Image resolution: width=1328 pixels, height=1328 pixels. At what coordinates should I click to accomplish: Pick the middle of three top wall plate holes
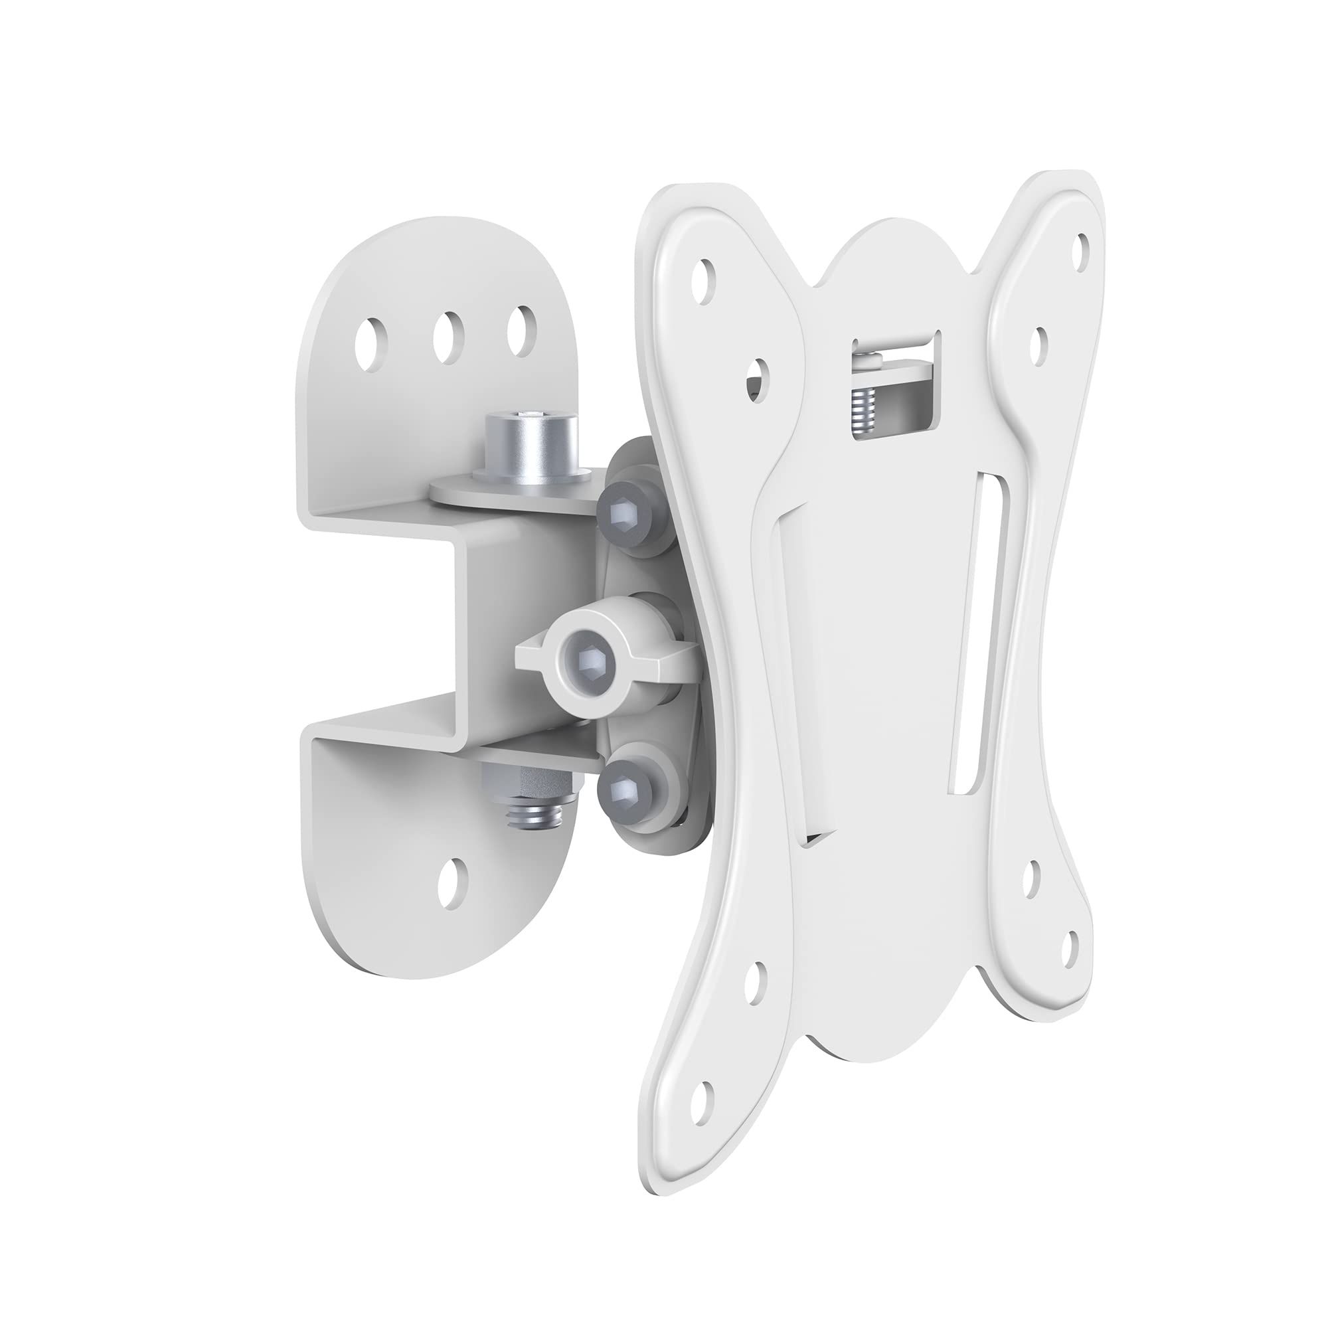point(448,331)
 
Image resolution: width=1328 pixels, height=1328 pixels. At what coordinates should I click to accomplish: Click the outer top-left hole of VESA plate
point(703,281)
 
